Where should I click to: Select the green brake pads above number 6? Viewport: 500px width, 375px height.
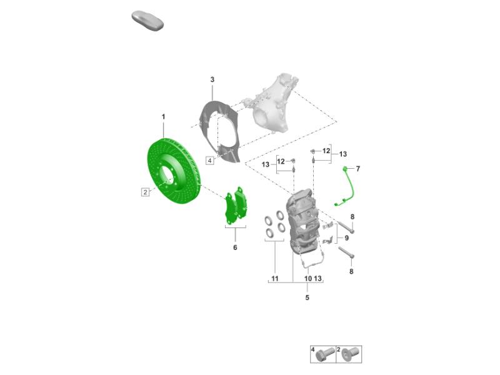click(x=236, y=206)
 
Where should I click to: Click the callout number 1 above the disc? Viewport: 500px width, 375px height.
click(x=164, y=117)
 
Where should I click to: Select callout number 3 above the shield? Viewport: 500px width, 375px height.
click(x=212, y=80)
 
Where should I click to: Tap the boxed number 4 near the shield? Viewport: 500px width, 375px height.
click(x=210, y=161)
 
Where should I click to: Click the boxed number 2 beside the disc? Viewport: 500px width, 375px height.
click(x=146, y=192)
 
